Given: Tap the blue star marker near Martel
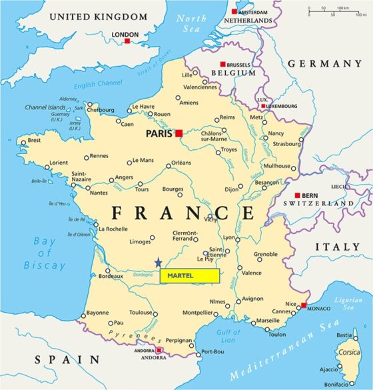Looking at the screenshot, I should (x=158, y=263).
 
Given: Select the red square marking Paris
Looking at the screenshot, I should (x=179, y=133).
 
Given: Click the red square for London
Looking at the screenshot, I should (x=127, y=41).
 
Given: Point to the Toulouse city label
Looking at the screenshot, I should (x=141, y=312).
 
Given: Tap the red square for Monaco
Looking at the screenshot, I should (x=303, y=305).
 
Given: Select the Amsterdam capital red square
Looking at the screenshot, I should (x=234, y=11).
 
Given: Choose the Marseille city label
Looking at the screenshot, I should (x=268, y=321).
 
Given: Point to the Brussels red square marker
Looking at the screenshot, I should (x=223, y=64).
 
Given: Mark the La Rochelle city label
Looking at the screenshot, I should (x=113, y=229).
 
